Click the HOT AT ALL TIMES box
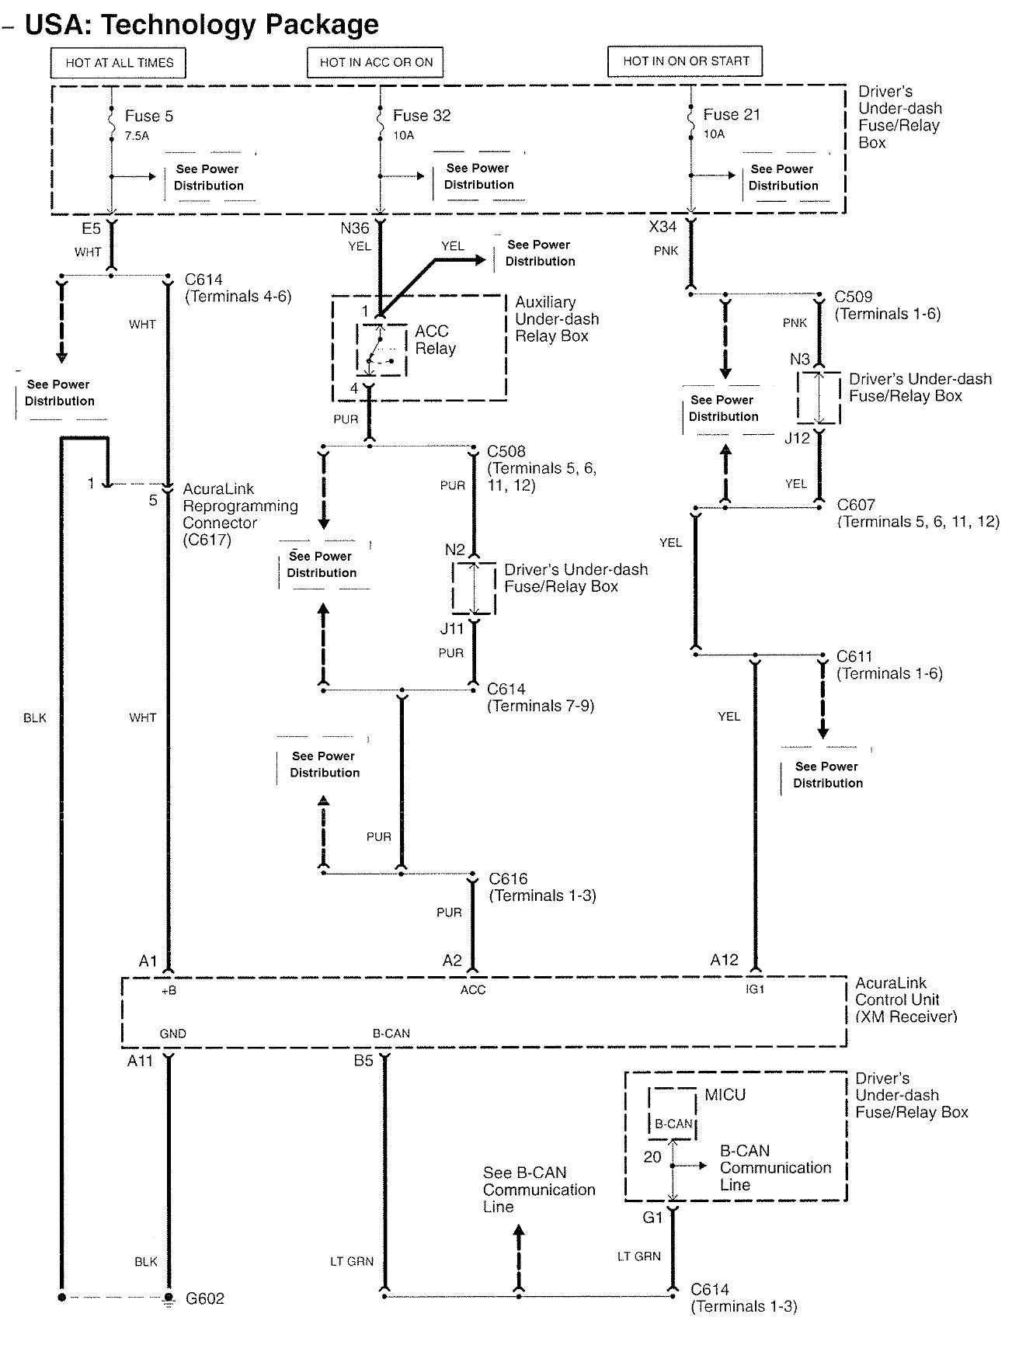tap(118, 63)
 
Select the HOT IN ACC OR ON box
tap(376, 62)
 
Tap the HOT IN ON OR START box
tap(686, 61)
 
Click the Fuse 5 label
tap(149, 116)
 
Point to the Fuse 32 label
tap(421, 115)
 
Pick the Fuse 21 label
tap(732, 114)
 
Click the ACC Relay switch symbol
tap(381, 350)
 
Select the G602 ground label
tap(205, 1298)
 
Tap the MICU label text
tap(725, 1095)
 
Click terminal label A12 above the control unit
tap(724, 960)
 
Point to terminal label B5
tap(363, 1060)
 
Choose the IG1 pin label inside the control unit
tap(755, 989)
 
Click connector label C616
tap(508, 878)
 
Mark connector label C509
tap(853, 297)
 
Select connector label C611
tap(854, 656)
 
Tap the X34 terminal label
tap(663, 227)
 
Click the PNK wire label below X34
tap(666, 251)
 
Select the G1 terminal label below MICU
tap(652, 1217)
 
